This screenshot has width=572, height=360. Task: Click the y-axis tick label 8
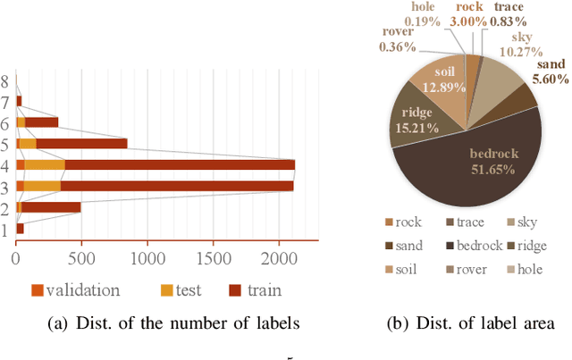4,80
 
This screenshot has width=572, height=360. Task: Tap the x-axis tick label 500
81,259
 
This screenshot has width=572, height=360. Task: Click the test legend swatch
167,289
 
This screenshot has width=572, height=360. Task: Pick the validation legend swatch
38,289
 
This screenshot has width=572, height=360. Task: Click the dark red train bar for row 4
179,164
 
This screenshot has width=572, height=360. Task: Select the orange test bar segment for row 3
43,186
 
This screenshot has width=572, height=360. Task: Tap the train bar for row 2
52,207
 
